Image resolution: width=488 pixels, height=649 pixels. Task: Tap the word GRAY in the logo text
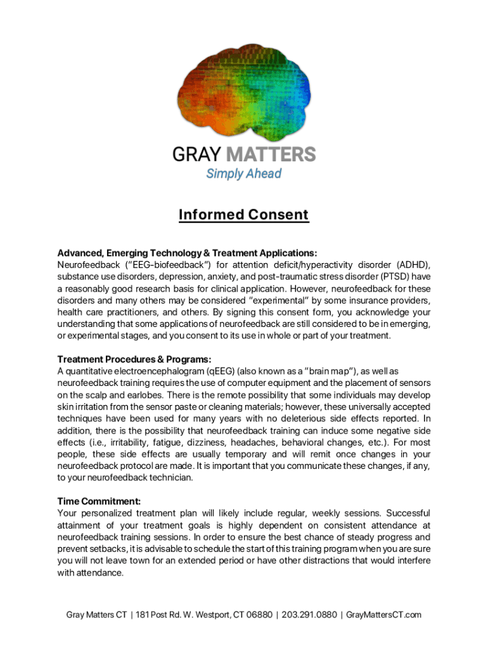coord(198,154)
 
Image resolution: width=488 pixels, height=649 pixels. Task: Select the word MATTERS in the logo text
coord(271,154)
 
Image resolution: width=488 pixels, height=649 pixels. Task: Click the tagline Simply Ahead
coord(243,174)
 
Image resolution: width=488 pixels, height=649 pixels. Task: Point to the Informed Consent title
coord(243,215)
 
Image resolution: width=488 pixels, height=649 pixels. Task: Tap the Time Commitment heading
coord(99,501)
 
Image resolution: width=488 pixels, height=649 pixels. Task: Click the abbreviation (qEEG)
coord(225,371)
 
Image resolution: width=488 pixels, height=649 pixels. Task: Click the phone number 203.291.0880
coord(309,615)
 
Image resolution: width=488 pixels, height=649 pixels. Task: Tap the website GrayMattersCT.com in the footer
coord(384,615)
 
